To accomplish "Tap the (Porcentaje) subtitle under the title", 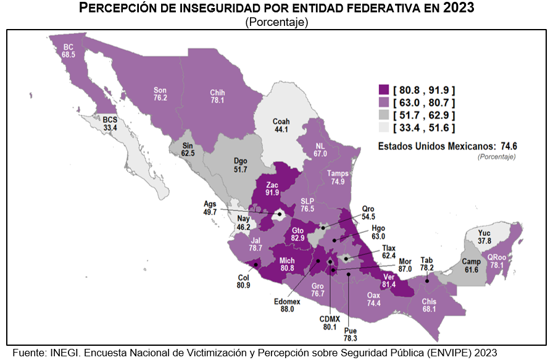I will click(276, 22).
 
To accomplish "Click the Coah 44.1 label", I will click(281, 125).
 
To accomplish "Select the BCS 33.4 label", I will click(110, 123).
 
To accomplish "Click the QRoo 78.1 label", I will click(497, 262).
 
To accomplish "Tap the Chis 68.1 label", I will click(430, 305).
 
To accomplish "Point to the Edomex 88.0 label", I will click(287, 305).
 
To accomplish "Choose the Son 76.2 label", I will click(160, 94).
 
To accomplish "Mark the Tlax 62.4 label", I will click(389, 251).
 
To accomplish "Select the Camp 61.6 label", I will click(471, 266).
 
